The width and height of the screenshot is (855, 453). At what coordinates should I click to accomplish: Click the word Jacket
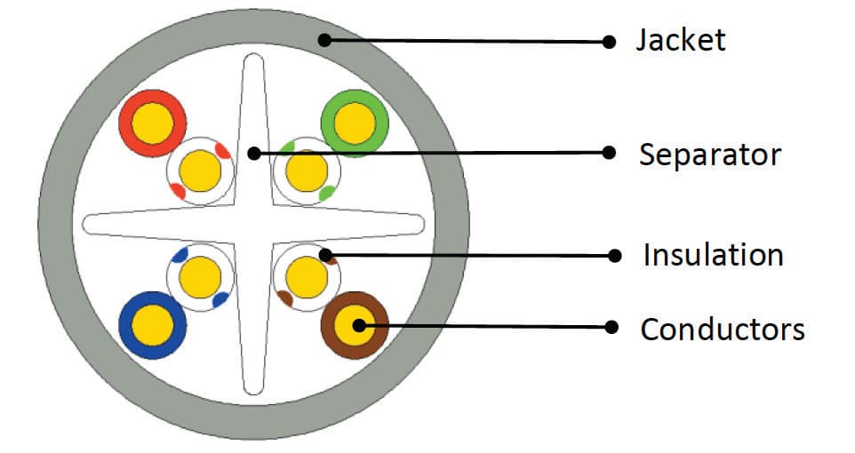(x=680, y=40)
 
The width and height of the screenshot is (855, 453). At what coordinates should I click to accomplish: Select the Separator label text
(x=709, y=155)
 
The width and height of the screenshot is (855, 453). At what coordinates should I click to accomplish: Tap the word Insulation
(x=713, y=256)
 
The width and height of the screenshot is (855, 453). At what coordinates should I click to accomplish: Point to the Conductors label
(x=722, y=330)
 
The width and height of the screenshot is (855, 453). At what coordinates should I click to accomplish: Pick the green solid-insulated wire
(x=355, y=122)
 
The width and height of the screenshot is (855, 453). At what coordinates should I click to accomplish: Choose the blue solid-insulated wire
(x=152, y=325)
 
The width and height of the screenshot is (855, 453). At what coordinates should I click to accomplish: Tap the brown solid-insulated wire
(x=355, y=325)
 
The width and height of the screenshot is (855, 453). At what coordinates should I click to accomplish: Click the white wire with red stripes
(x=200, y=169)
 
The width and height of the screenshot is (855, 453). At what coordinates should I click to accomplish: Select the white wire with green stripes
(x=307, y=169)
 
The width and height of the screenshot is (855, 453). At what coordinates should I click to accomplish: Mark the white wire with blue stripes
(x=200, y=277)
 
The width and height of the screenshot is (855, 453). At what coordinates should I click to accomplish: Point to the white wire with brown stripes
(x=307, y=277)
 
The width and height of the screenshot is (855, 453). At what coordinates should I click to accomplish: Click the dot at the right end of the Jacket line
(x=609, y=41)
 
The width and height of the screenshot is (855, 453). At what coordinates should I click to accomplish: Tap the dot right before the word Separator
(x=609, y=153)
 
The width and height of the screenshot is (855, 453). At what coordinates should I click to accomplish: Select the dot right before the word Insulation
(x=612, y=256)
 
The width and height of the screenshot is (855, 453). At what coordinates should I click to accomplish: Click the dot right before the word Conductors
(x=611, y=327)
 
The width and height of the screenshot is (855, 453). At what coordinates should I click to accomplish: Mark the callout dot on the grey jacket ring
(x=325, y=39)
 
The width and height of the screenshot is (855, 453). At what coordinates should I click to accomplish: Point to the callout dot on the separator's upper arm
(x=253, y=153)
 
